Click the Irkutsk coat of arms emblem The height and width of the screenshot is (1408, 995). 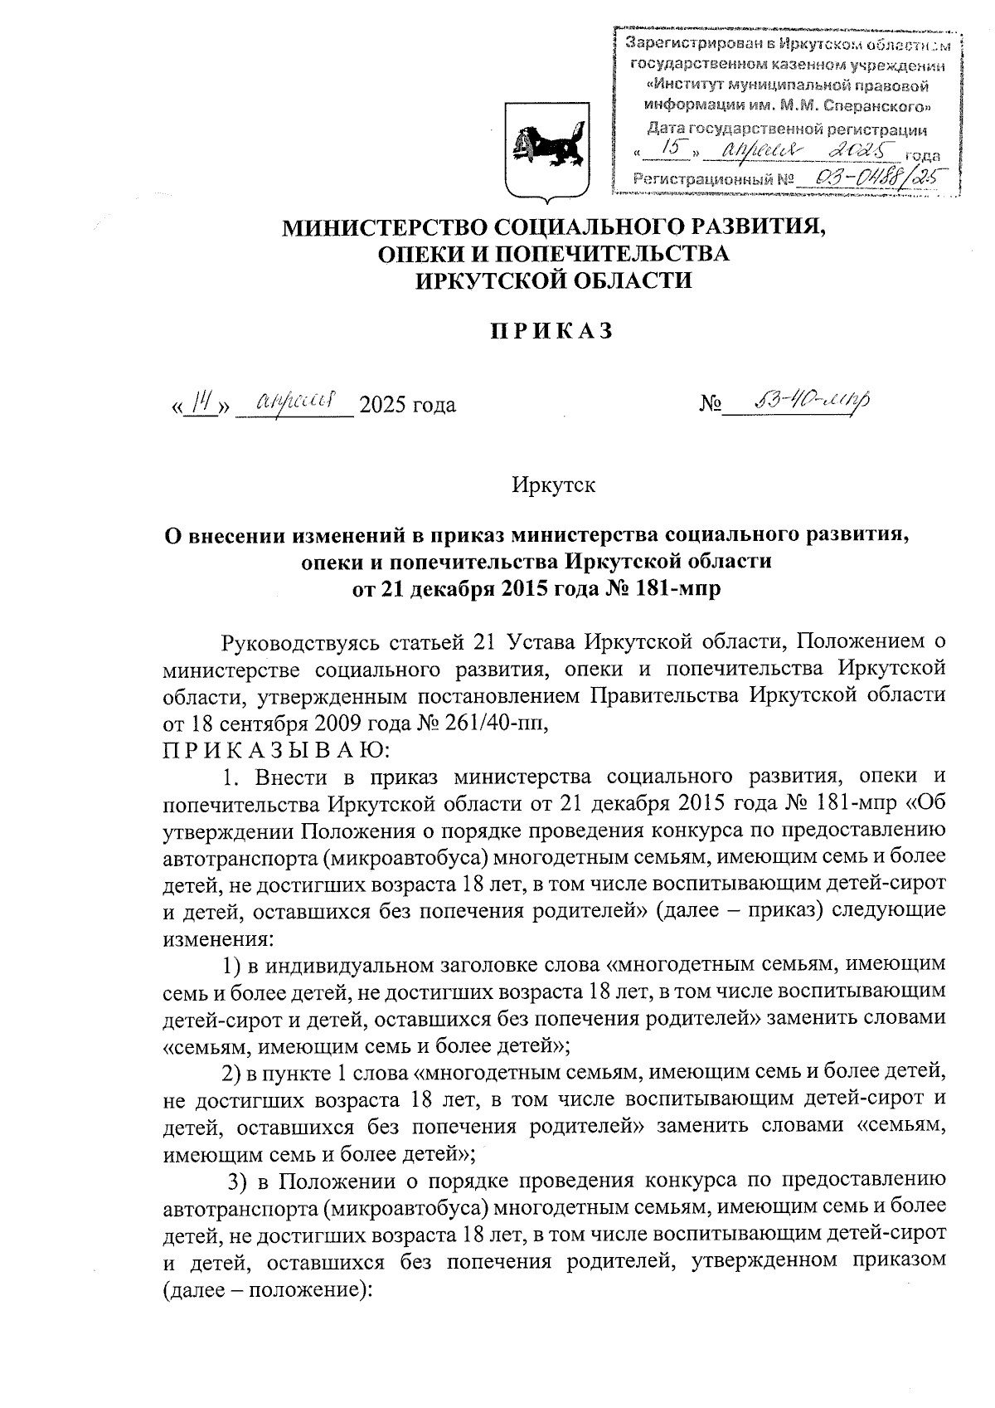point(547,151)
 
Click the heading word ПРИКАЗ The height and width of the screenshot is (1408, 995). point(549,331)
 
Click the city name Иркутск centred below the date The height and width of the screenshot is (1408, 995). point(553,484)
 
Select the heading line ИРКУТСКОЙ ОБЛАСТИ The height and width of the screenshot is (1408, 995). point(553,280)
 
